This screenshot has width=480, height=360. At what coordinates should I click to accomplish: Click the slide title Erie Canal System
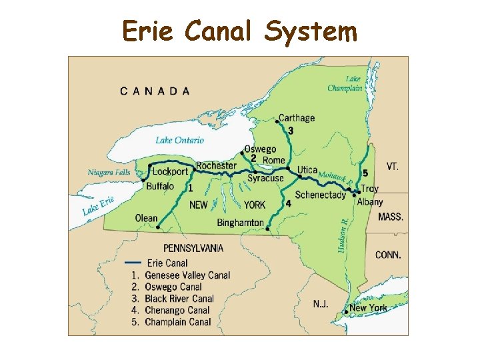point(239,31)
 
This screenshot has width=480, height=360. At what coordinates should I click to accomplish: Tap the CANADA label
point(155,91)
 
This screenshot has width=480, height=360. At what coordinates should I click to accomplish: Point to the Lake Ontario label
point(179,140)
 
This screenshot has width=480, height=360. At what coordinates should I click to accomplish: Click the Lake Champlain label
point(344,83)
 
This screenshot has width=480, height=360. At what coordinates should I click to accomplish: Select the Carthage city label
point(297,118)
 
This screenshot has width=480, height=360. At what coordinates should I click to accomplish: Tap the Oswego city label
point(259,149)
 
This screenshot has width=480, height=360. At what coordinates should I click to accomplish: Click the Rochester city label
point(216,165)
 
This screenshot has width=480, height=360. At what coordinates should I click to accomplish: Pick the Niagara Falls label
point(109,172)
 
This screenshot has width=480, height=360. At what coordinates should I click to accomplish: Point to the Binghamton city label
point(241,223)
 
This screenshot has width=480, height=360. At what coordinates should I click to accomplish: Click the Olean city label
point(146,218)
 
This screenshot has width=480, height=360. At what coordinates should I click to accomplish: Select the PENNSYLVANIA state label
point(193,248)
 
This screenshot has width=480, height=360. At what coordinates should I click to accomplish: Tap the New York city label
point(368,308)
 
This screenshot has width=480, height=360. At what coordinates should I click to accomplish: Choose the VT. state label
point(392,166)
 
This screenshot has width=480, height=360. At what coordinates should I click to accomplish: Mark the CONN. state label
point(389,255)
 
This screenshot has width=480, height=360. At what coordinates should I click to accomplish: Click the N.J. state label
point(321,304)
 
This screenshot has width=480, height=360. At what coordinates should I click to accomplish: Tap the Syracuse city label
point(265,178)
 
